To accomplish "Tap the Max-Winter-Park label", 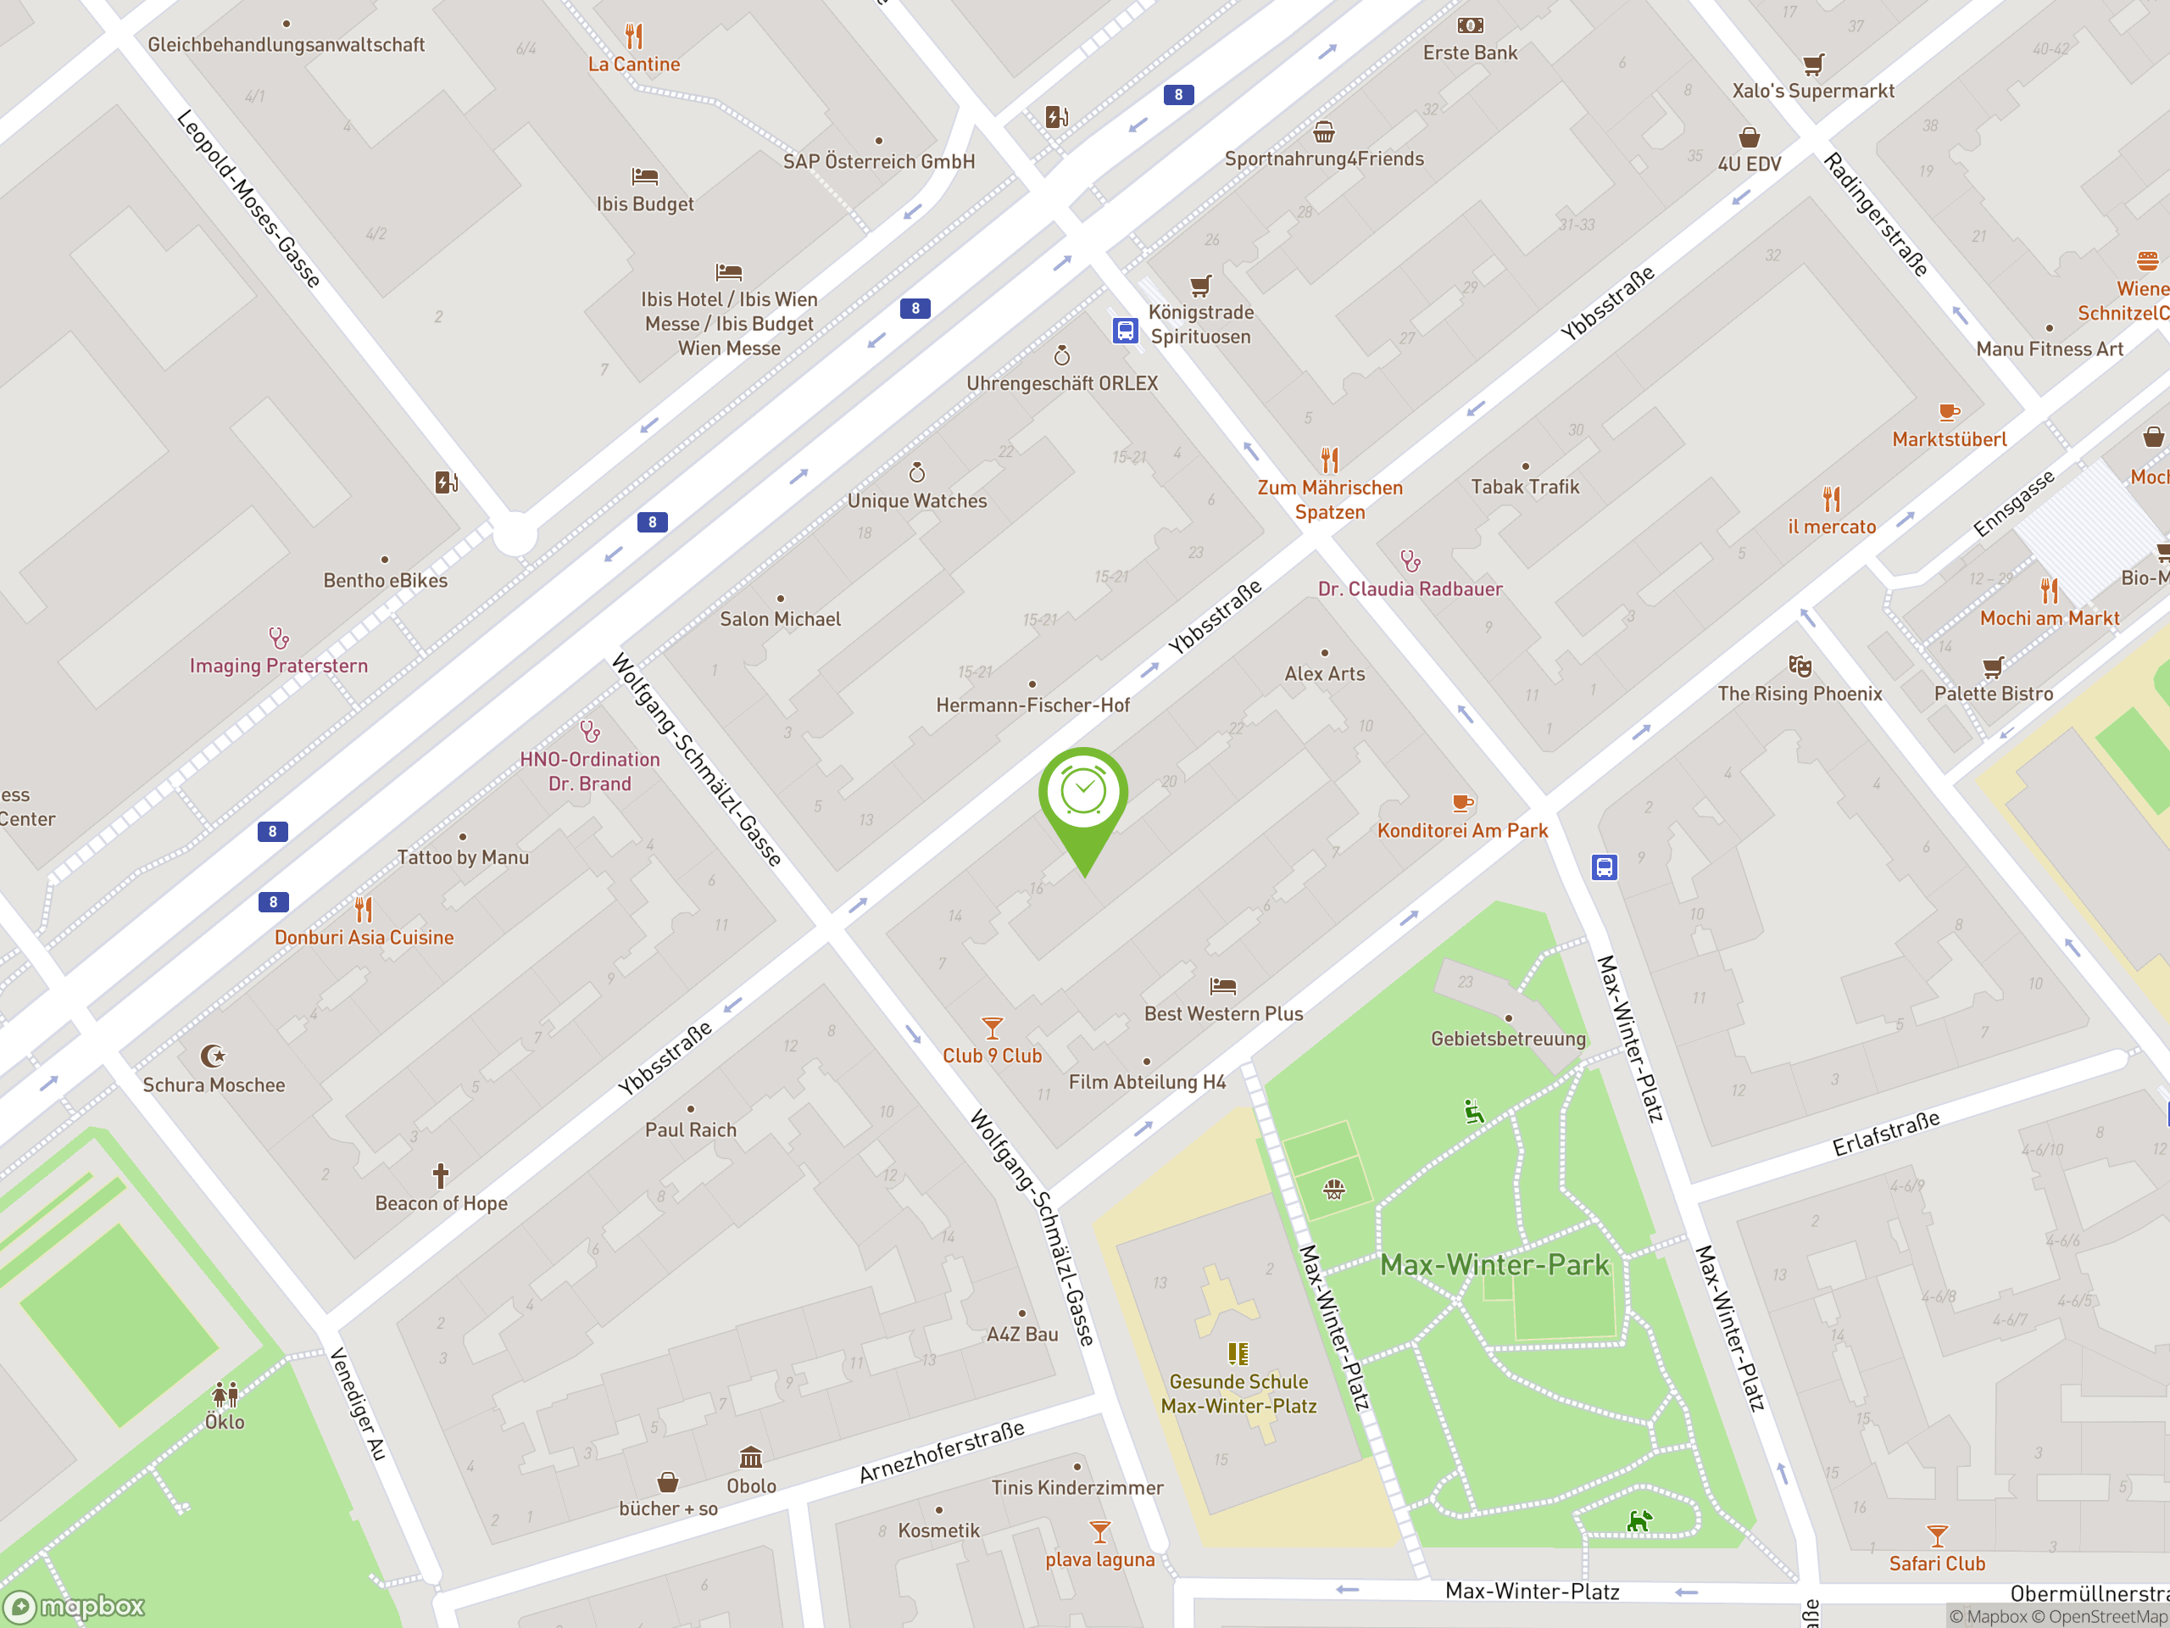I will point(1494,1265).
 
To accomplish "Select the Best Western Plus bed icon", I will point(1222,985).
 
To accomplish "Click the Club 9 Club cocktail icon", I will point(992,1028).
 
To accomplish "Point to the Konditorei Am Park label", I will point(1461,830).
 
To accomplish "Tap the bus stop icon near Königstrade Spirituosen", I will point(1124,331).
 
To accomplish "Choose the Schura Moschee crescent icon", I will point(212,1056).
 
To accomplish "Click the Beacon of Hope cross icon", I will point(441,1174).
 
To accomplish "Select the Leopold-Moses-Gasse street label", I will point(248,198).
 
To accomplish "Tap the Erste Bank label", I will point(1470,53).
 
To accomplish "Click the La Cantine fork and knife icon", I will point(634,36).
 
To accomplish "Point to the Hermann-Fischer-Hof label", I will point(1032,705).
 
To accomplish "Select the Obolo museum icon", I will point(750,1456).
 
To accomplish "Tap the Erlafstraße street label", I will point(1885,1134).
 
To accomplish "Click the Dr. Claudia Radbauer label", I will point(1410,588).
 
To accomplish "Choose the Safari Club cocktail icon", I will point(1937,1535).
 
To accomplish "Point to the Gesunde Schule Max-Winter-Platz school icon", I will point(1238,1354).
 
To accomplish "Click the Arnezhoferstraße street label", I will point(942,1452).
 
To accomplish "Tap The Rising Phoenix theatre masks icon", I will point(1800,666).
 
